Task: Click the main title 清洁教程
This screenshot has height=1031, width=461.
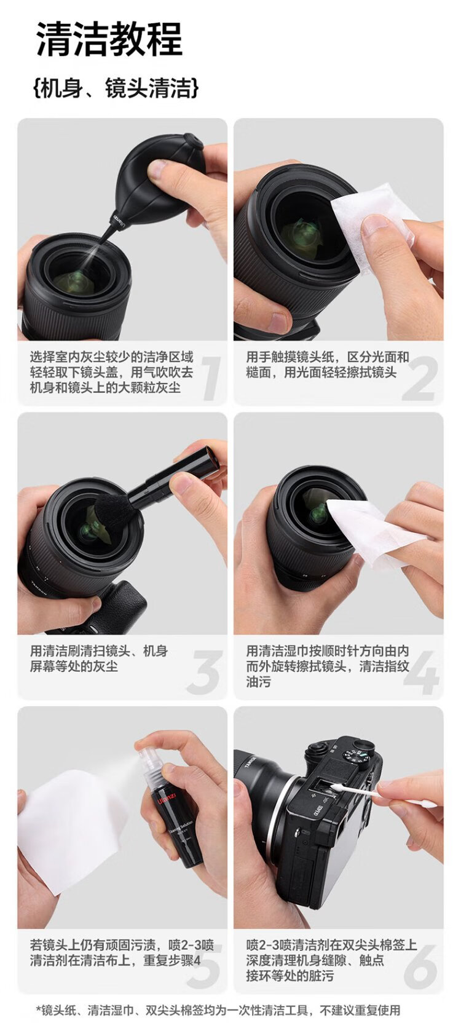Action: coord(109,39)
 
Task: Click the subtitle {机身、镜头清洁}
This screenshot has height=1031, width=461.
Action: coord(116,88)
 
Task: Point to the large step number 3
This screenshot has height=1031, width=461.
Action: coord(205,673)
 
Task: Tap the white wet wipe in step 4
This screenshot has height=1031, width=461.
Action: coord(368,534)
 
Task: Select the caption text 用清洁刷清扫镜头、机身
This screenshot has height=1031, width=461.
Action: coord(99,650)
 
